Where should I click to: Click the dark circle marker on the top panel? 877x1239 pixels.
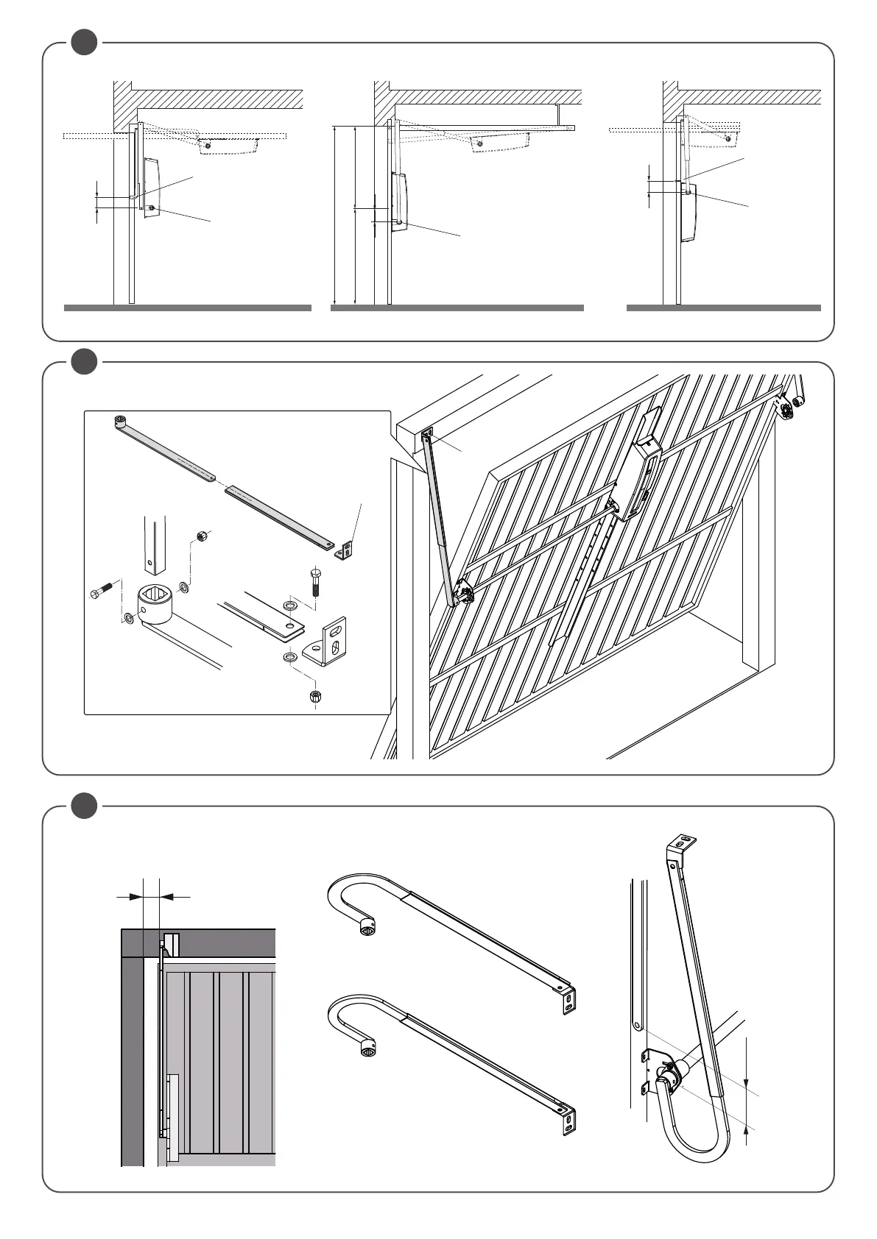tap(84, 42)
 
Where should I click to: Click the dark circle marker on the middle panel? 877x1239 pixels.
tap(84, 361)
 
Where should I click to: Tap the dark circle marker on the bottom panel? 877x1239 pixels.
tap(84, 806)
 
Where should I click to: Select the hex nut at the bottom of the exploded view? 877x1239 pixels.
tap(315, 695)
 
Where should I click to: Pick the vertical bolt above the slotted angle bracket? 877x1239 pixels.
tap(316, 581)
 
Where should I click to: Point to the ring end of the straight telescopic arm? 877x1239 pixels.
tap(120, 422)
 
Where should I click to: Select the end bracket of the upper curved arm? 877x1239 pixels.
tap(569, 1001)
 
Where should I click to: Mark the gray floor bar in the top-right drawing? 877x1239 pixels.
tap(723, 308)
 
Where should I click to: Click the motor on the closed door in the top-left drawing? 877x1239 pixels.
tap(150, 188)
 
